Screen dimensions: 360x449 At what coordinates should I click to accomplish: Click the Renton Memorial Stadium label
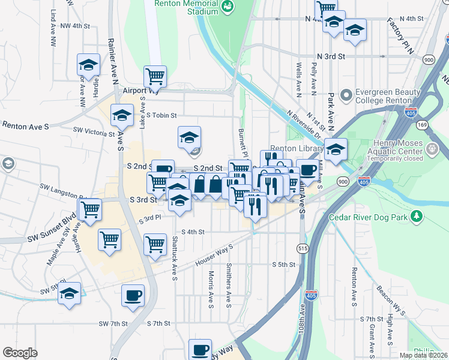click(185, 8)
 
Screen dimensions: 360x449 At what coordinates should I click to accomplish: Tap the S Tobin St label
click(161, 115)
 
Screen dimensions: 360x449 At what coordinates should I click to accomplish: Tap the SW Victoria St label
click(93, 130)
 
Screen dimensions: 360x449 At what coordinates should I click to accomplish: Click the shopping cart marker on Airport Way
click(155, 76)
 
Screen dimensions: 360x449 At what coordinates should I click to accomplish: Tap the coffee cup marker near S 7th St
click(133, 295)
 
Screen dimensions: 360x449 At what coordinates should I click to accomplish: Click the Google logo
click(20, 353)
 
